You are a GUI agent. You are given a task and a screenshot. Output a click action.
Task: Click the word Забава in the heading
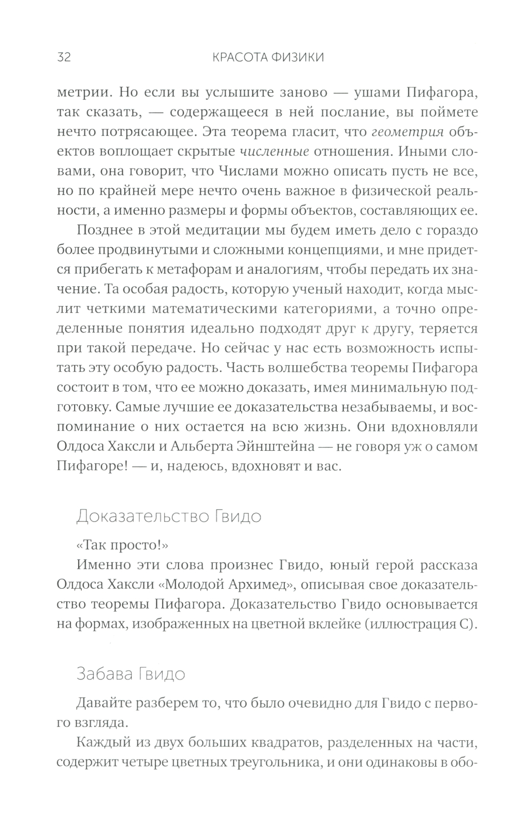[x=104, y=674]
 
